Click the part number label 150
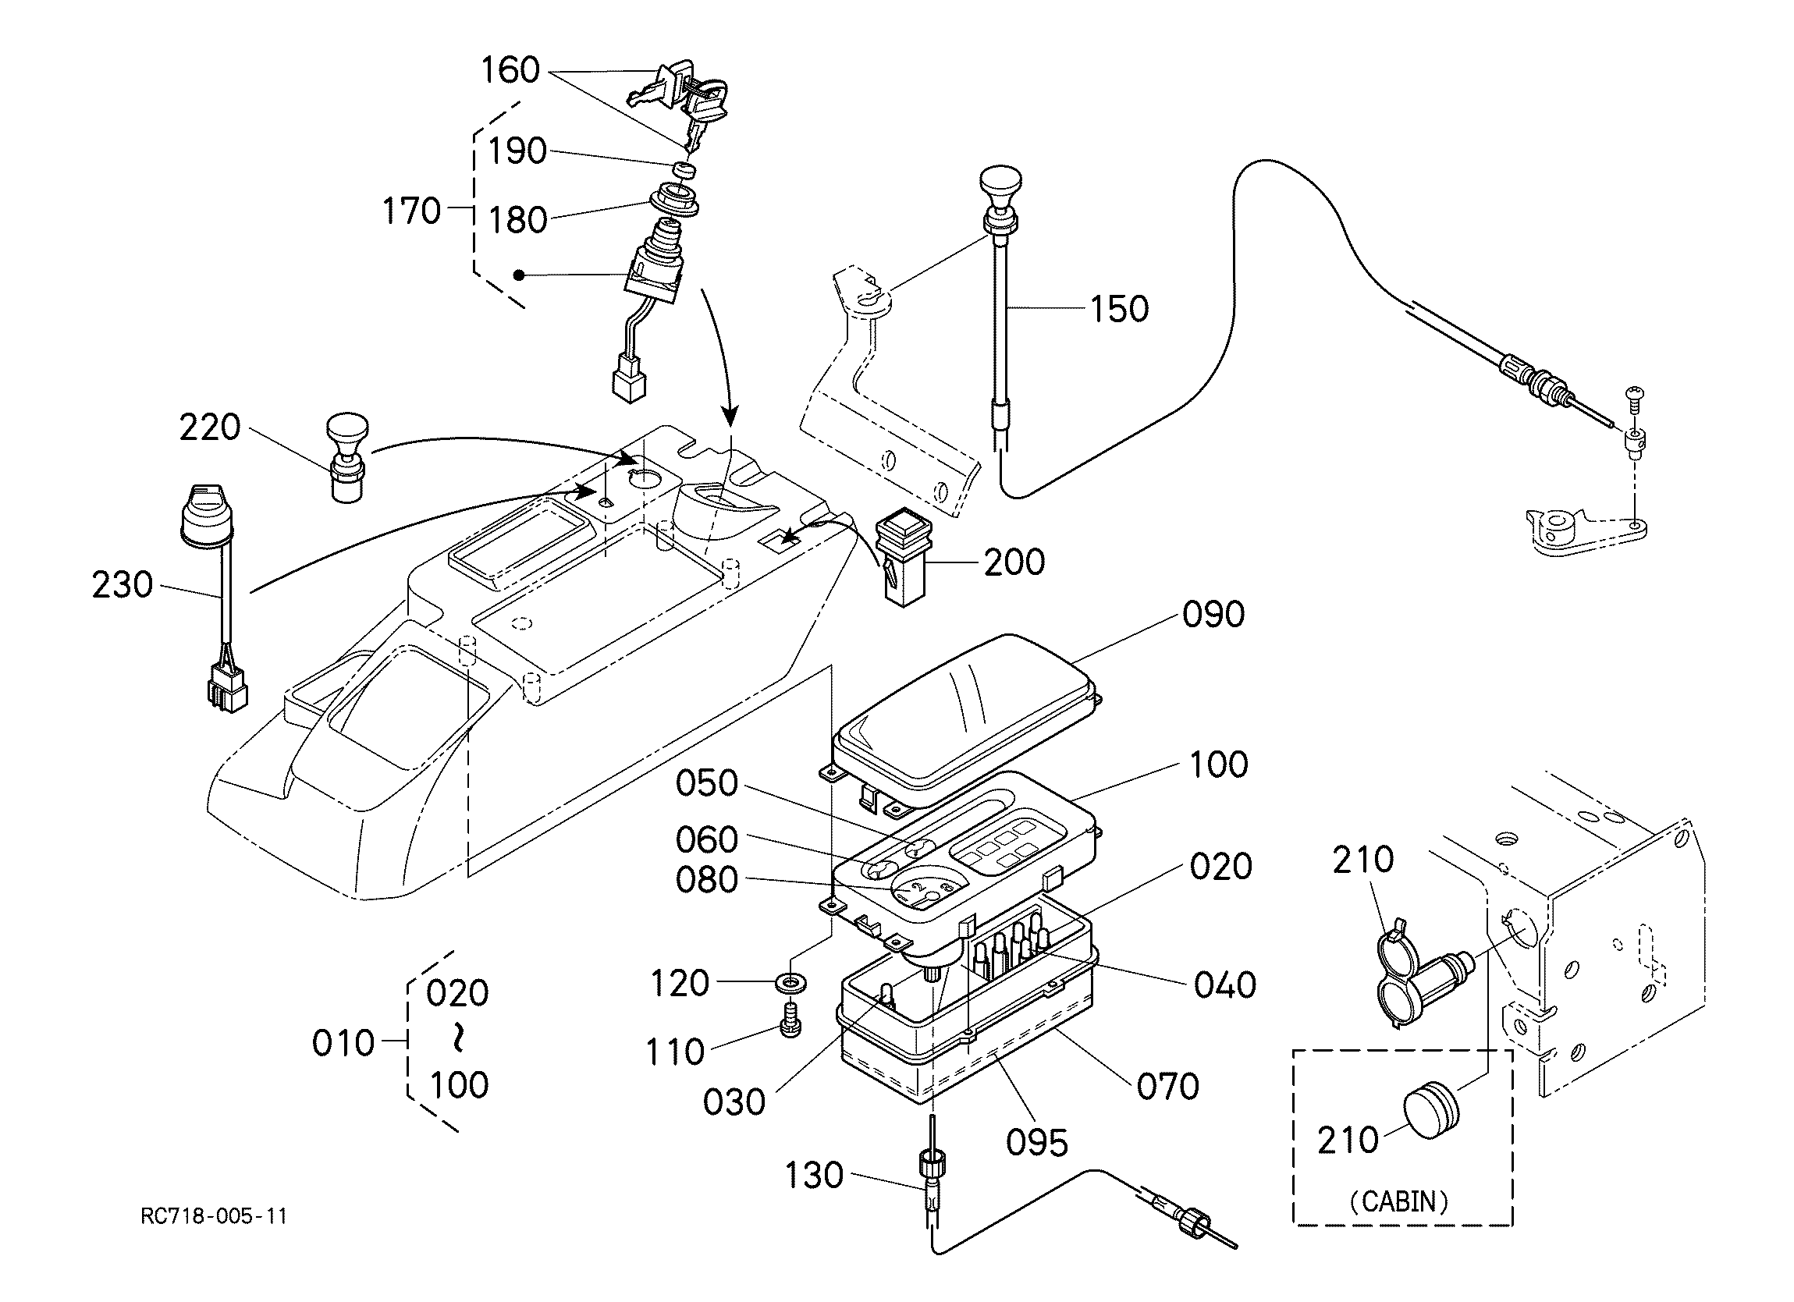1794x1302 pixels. pos(1118,308)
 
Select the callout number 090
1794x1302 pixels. pos(1213,614)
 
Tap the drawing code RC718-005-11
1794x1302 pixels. pos(214,1215)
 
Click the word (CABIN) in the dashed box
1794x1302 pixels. pos(1398,1201)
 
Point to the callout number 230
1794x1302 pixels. pos(122,585)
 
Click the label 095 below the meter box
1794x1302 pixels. pos(1036,1142)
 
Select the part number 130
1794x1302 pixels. pos(814,1176)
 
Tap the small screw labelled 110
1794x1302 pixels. pos(790,1020)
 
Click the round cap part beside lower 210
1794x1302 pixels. pos(1430,1111)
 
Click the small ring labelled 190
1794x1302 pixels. pos(684,169)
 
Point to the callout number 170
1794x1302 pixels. pos(411,211)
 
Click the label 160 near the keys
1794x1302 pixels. pos(510,70)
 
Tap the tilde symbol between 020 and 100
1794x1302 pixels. pos(458,1038)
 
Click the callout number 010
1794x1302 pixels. pos(343,1044)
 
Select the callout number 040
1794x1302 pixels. pos(1224,984)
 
